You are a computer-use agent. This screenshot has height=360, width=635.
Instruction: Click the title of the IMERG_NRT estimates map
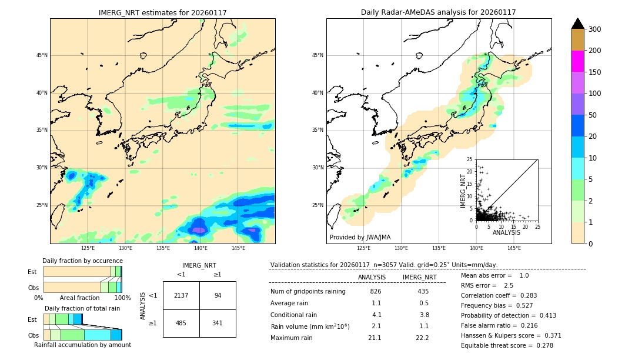click(x=162, y=12)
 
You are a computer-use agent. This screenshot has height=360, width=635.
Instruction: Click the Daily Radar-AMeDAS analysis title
click(x=438, y=12)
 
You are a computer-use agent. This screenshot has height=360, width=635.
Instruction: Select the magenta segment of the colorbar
click(x=578, y=61)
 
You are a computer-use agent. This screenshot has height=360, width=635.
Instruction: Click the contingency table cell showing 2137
click(x=181, y=295)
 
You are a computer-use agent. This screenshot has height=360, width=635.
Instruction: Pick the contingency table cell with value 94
click(x=218, y=295)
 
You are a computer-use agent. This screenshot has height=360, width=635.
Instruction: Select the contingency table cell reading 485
click(x=181, y=323)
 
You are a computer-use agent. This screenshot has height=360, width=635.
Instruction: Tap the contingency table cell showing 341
click(x=218, y=323)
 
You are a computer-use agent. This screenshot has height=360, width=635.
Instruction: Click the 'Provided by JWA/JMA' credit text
click(x=360, y=237)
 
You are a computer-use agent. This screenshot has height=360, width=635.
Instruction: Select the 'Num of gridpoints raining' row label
click(x=308, y=291)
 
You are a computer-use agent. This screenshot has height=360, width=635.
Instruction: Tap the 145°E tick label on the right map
click(x=514, y=249)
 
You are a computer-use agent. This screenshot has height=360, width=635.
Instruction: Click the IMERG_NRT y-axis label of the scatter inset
click(x=464, y=191)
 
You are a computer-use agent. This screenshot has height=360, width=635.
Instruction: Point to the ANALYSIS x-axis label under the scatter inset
click(x=507, y=232)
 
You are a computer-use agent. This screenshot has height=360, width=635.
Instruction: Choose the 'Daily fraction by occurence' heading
click(x=82, y=261)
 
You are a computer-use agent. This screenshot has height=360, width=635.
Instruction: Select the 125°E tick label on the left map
click(x=88, y=249)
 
